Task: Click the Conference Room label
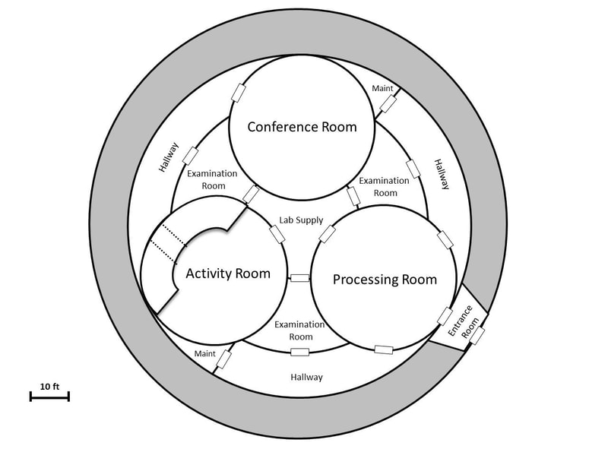(302, 127)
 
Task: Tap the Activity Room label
(228, 274)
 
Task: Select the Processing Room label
(385, 280)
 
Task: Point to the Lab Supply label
(300, 220)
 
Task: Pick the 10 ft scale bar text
(49, 386)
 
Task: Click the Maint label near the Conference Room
(382, 88)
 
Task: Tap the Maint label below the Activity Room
(204, 353)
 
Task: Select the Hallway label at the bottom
(307, 377)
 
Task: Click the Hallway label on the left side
(169, 157)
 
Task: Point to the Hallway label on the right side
(442, 174)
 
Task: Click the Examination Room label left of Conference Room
(212, 179)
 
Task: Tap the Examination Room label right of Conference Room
(378, 187)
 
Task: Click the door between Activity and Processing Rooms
(300, 278)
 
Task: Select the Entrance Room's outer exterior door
(477, 335)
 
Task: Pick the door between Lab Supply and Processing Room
(328, 234)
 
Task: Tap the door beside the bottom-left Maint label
(226, 356)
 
